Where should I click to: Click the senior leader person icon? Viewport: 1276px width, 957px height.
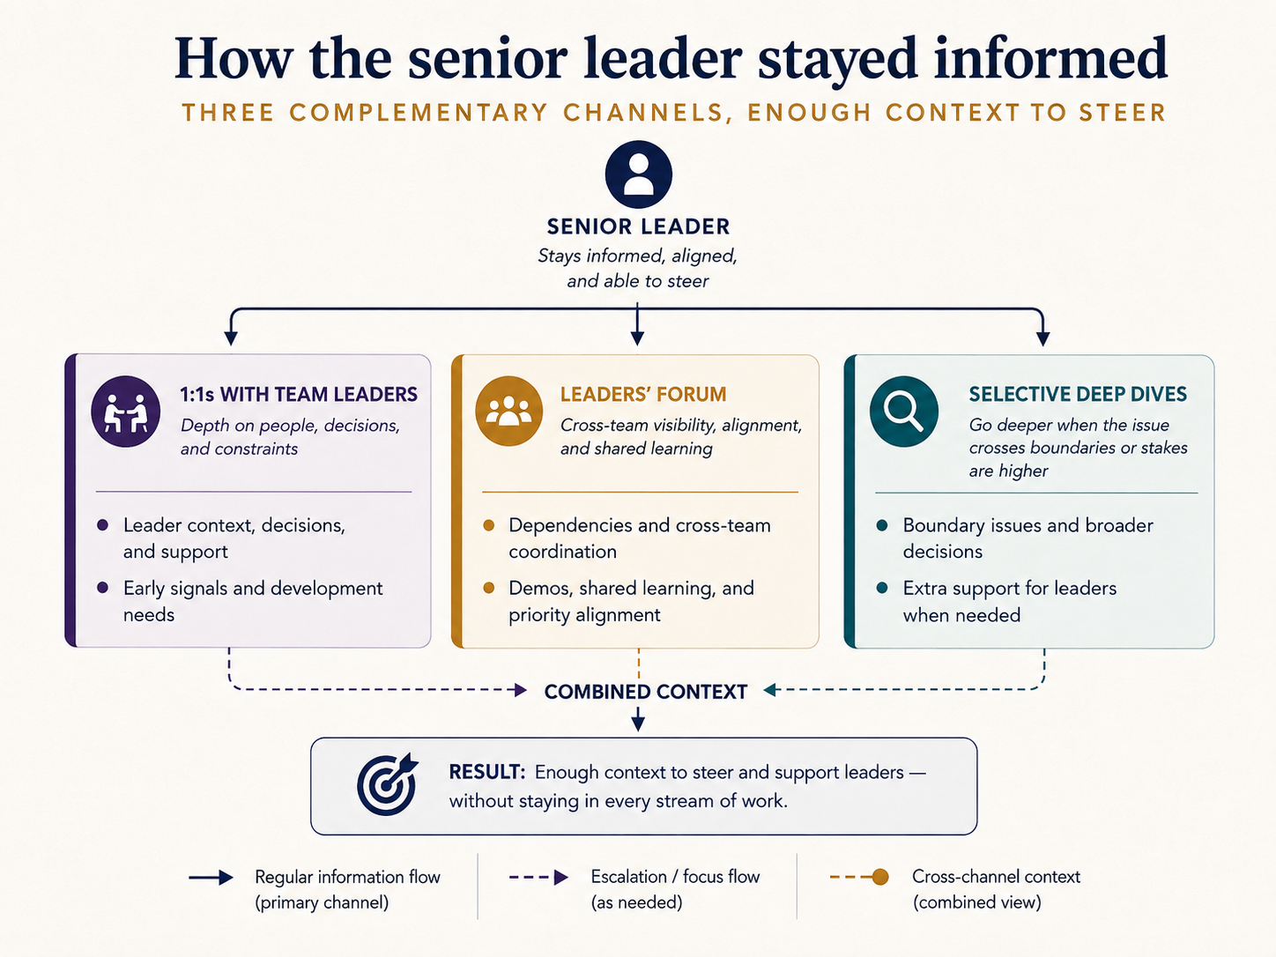[638, 174]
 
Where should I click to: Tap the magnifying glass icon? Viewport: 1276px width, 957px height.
[903, 412]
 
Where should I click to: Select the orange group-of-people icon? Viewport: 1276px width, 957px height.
[508, 411]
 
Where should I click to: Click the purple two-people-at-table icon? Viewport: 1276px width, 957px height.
[125, 412]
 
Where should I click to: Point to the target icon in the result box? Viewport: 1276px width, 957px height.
[387, 784]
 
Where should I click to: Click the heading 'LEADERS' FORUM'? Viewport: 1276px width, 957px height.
[643, 395]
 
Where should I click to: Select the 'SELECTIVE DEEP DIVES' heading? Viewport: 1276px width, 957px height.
[1078, 395]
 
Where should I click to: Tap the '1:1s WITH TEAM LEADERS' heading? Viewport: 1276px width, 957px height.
[299, 395]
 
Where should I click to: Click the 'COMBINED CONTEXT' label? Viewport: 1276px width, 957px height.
[645, 692]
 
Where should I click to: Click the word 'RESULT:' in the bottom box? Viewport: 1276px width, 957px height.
[487, 772]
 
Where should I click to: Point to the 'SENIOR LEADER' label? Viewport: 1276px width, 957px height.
[638, 226]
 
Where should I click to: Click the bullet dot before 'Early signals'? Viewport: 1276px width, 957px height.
[103, 588]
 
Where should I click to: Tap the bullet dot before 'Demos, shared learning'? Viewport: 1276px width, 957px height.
[488, 588]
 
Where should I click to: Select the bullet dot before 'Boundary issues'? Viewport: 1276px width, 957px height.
[882, 525]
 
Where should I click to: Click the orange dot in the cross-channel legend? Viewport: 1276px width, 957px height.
[880, 877]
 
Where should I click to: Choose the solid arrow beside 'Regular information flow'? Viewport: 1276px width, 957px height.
[211, 878]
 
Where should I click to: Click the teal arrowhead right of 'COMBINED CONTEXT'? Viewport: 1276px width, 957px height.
[770, 690]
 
